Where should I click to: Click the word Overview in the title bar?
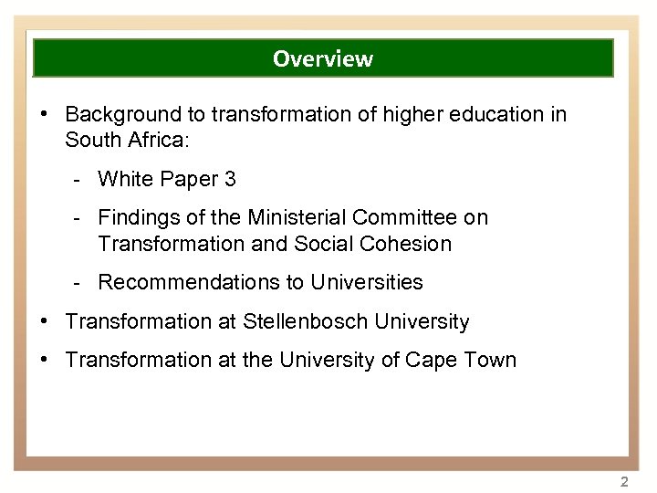pyautogui.click(x=322, y=59)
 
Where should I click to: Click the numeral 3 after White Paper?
pyautogui.click(x=230, y=179)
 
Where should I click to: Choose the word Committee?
pyautogui.click(x=408, y=218)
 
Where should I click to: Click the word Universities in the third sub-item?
pyautogui.click(x=367, y=283)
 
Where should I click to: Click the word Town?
pyautogui.click(x=493, y=361)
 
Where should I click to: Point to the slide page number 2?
pyautogui.click(x=624, y=481)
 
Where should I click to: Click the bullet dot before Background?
pyautogui.click(x=45, y=114)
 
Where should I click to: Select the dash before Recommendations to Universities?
pyautogui.click(x=80, y=283)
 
